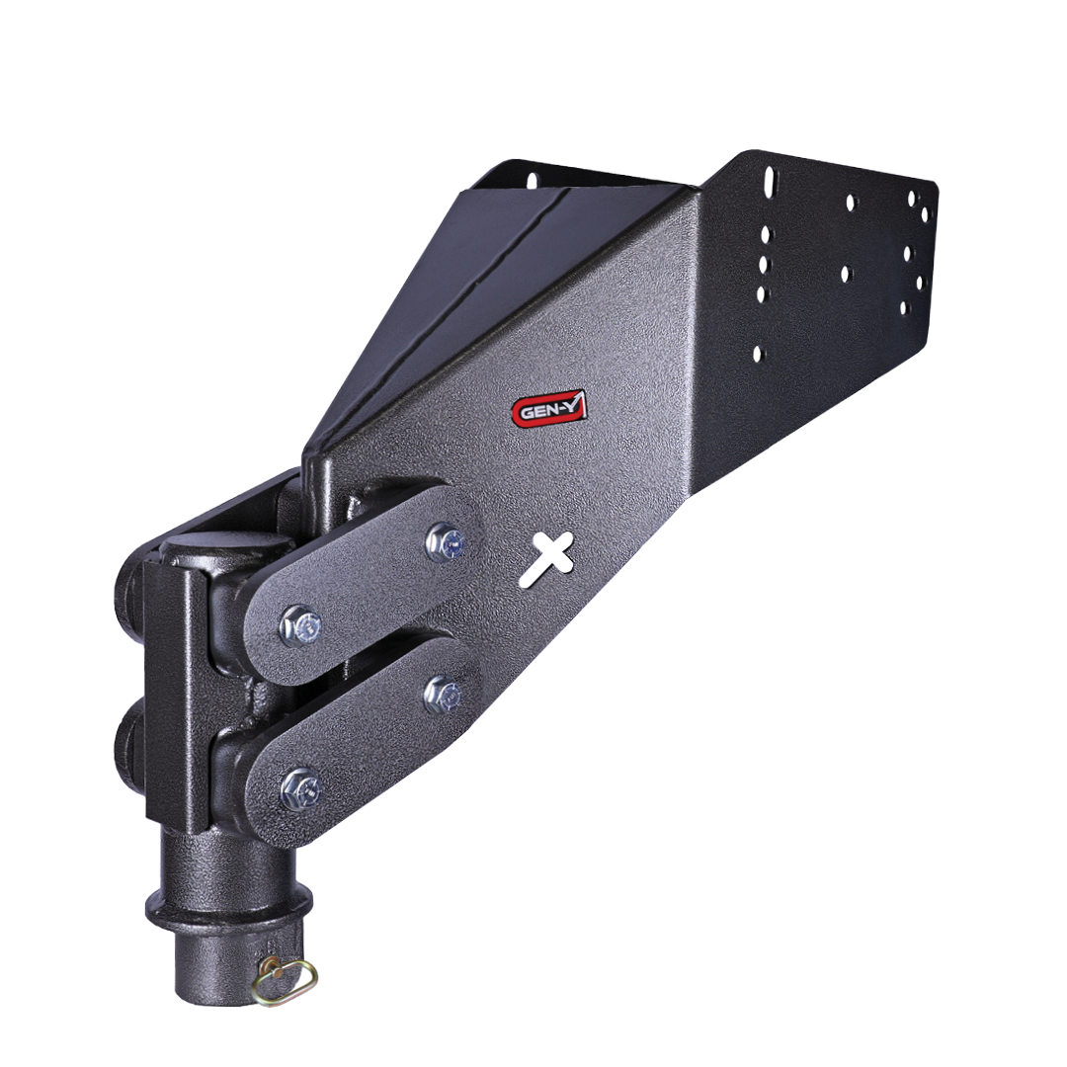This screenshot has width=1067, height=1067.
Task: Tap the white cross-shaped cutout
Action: [546, 559]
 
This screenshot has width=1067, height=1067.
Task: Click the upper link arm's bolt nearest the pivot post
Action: [299, 625]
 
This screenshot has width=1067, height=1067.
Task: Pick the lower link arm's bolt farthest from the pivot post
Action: [442, 694]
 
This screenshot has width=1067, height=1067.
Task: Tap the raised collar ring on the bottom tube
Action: [228, 902]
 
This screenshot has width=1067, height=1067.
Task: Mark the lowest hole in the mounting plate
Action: [758, 353]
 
